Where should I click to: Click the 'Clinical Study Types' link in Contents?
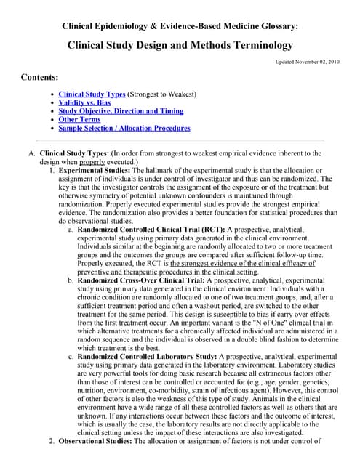(92, 94)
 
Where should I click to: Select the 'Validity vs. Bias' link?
(84, 103)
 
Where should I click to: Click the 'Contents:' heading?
(40, 77)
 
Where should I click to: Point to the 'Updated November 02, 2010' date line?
(305, 62)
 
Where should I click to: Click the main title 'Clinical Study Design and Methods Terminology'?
(180, 44)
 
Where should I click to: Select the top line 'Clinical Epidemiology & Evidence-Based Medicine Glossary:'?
(180, 26)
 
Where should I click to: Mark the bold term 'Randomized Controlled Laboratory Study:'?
(146, 356)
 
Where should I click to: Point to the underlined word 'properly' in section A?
(92, 163)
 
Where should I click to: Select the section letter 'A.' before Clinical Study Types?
(32, 154)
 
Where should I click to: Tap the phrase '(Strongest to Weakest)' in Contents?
(161, 94)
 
